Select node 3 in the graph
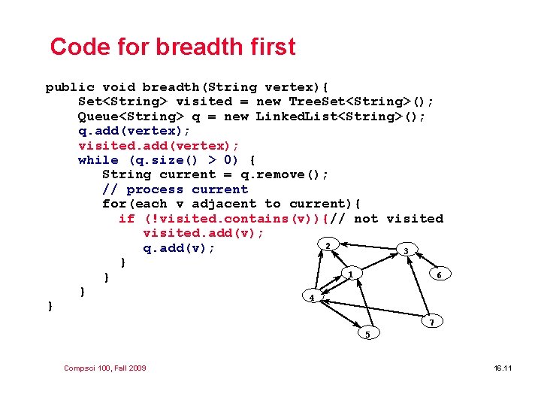(406, 251)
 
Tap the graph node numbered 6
(439, 275)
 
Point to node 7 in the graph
(430, 323)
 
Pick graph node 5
(367, 334)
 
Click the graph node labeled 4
(312, 298)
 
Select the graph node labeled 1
(350, 275)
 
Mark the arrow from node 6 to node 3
(423, 263)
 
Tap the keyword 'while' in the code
(98, 160)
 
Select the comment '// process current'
(174, 189)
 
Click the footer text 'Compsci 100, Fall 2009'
(105, 368)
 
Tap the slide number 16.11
(503, 368)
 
